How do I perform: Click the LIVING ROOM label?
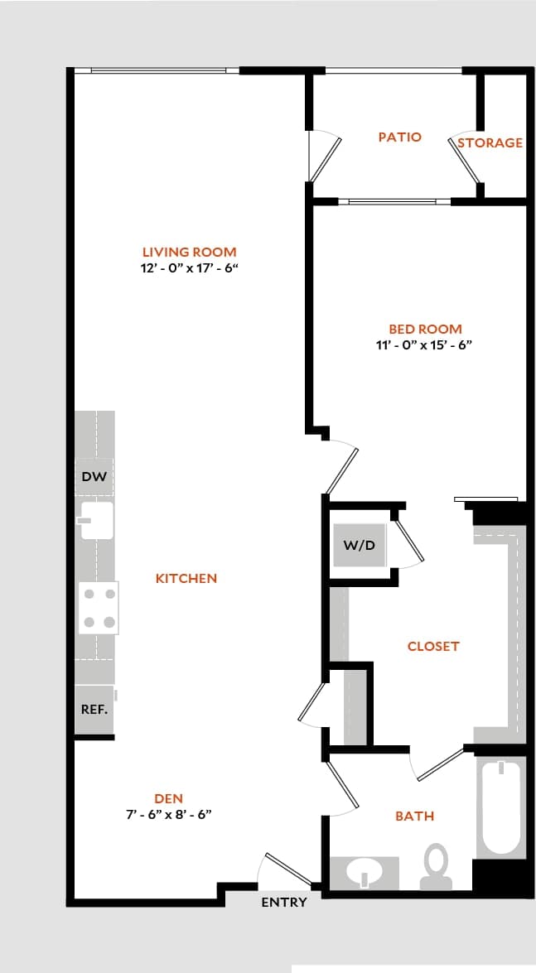[189, 252]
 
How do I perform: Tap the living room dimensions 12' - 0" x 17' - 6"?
[190, 268]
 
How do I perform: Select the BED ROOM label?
[425, 329]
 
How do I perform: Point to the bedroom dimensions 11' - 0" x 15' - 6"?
[424, 345]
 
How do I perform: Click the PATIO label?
[399, 137]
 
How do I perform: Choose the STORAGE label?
[490, 142]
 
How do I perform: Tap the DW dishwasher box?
[95, 477]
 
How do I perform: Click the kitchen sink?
[97, 521]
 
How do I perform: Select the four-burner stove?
[99, 608]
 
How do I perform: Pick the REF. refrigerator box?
[94, 710]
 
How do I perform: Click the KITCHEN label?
[186, 578]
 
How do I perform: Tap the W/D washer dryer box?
[360, 545]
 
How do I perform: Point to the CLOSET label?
[432, 646]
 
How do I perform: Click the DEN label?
[169, 798]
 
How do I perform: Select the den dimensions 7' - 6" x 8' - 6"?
[169, 814]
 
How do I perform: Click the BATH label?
[414, 816]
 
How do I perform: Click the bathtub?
[500, 807]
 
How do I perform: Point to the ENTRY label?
[284, 902]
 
